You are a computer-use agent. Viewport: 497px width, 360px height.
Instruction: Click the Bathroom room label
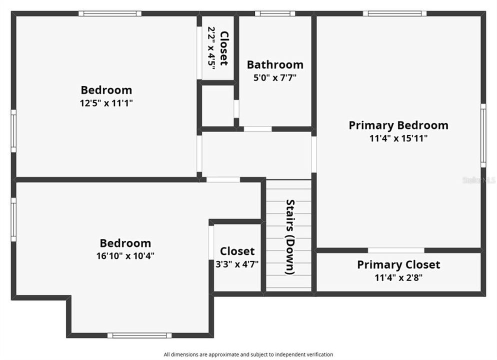275,64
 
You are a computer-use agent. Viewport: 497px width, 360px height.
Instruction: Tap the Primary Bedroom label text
398,125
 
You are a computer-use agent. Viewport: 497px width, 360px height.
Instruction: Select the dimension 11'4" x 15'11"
398,138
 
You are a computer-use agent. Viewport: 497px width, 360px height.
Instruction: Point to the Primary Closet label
398,264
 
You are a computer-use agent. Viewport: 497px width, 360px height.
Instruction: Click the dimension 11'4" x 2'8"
398,278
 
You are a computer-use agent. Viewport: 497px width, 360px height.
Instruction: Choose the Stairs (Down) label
290,237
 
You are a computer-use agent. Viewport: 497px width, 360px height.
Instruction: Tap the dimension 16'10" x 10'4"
125,255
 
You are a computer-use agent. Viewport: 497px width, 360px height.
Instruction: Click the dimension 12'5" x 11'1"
106,103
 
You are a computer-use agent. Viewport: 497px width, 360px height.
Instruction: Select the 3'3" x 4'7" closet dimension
237,264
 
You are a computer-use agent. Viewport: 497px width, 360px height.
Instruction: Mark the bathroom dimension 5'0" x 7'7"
275,77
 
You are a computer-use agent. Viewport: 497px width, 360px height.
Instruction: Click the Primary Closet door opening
396,250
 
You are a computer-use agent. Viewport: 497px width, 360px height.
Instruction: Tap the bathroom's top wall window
275,13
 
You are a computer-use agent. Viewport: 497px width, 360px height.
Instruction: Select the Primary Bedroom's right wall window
483,135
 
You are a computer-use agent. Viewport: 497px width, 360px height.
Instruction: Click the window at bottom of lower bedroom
139,335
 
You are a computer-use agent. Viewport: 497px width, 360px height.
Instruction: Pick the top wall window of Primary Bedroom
394,13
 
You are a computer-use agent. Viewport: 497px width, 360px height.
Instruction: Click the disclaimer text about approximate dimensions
248,354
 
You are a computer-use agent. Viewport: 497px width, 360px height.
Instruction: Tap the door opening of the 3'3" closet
211,242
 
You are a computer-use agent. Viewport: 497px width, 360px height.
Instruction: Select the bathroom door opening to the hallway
257,129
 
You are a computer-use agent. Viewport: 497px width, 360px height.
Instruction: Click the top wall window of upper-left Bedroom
110,13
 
